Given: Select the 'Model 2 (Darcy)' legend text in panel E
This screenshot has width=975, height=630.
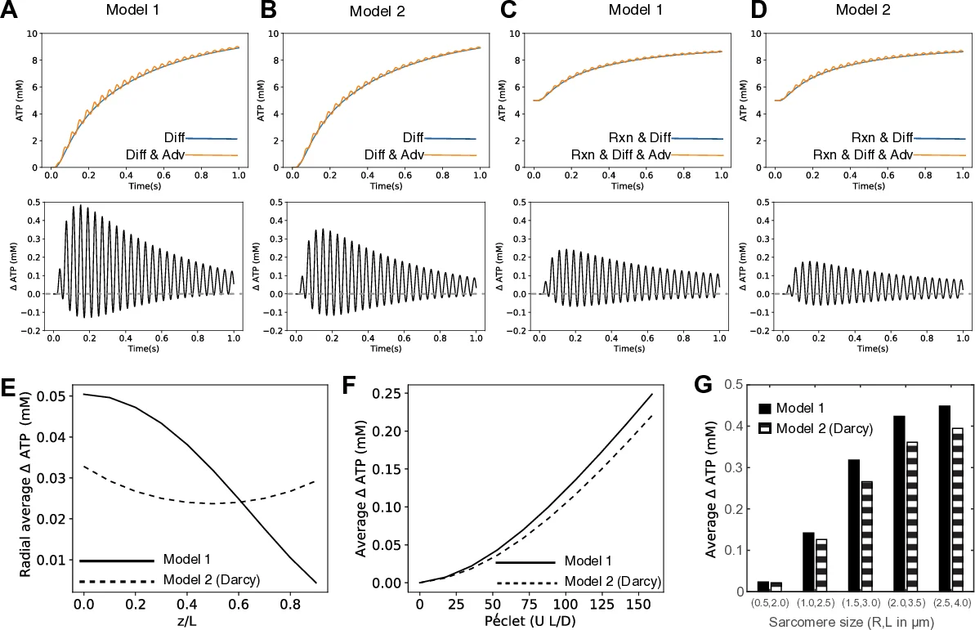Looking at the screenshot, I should (211, 580).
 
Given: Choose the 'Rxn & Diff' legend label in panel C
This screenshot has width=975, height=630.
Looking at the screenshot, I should (638, 137).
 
